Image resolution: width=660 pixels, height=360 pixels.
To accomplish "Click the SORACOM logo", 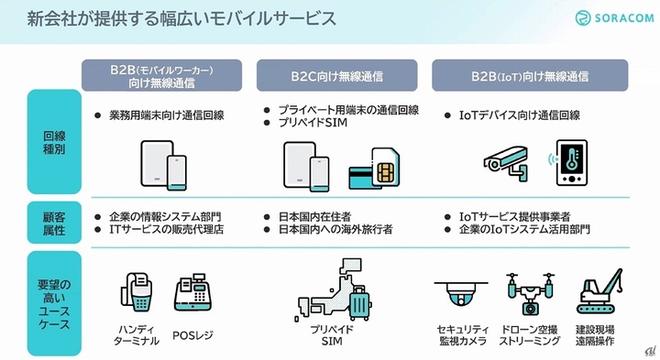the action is (614, 18).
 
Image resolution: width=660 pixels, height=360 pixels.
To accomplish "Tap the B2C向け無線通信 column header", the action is (336, 76).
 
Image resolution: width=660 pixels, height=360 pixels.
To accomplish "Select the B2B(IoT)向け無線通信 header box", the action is (530, 76).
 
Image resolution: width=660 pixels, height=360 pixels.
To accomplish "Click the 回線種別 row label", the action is (54, 142).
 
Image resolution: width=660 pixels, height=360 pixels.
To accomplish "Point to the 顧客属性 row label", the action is (54, 224).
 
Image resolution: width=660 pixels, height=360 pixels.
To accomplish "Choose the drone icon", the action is (530, 293).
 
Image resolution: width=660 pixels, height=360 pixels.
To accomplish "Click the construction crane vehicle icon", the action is (599, 291).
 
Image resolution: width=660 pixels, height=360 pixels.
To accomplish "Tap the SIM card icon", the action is (385, 168).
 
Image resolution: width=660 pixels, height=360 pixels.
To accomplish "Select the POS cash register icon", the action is (192, 292).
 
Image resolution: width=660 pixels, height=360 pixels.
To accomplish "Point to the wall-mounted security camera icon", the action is (505, 163).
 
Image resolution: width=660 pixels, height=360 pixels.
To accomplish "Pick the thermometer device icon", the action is (571, 163).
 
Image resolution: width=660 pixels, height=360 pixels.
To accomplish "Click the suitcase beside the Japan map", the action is (360, 303).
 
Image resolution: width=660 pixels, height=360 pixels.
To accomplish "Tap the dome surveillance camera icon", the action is (461, 293).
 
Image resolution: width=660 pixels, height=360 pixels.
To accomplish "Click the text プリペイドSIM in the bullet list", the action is (313, 123).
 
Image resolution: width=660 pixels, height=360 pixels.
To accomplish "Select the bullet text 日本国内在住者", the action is (314, 216).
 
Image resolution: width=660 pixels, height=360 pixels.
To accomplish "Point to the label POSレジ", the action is (192, 335).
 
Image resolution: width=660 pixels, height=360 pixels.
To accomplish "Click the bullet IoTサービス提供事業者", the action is (514, 216).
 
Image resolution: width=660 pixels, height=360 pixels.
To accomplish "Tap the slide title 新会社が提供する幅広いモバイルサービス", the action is (181, 19).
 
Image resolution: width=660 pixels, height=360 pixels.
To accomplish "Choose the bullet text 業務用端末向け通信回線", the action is (166, 115).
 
